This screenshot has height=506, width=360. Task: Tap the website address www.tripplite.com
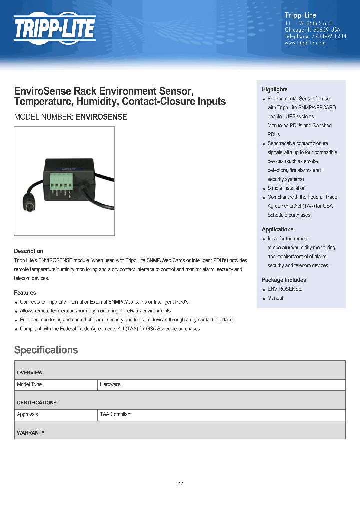point(305,43)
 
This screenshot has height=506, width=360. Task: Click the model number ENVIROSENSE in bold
point(101,117)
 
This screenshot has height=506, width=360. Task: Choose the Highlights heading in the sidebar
point(274,89)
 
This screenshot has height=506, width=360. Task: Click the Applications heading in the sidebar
point(277,229)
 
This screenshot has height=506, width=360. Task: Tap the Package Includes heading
point(284,280)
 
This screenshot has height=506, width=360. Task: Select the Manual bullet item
point(275,298)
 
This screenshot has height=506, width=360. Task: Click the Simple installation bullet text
point(286,188)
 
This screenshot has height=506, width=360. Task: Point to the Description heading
point(28,251)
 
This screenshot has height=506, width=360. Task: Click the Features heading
point(25,293)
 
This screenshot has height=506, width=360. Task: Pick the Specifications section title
point(46,350)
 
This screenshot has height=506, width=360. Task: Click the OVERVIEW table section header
point(30,373)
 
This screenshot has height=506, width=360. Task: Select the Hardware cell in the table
point(110,384)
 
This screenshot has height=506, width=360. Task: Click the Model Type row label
point(29,384)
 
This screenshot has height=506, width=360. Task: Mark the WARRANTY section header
point(31,433)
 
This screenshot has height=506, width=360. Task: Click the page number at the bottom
point(180,484)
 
